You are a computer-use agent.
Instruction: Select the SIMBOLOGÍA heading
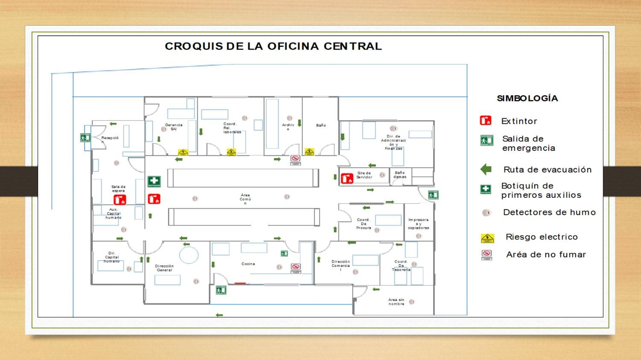pyautogui.click(x=527, y=98)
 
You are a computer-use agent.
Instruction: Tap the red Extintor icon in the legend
pyautogui.click(x=485, y=121)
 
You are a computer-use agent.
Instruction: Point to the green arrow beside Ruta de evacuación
pyautogui.click(x=486, y=170)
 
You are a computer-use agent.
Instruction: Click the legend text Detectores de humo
pyautogui.click(x=549, y=212)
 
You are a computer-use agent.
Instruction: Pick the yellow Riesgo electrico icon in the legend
pyautogui.click(x=487, y=238)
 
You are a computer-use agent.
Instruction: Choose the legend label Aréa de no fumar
pyautogui.click(x=546, y=255)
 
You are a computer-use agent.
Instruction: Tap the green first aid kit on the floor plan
pyautogui.click(x=154, y=181)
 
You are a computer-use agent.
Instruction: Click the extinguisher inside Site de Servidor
pyautogui.click(x=347, y=178)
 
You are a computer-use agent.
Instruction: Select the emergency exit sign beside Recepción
pyautogui.click(x=85, y=138)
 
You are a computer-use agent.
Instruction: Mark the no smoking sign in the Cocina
pyautogui.click(x=295, y=268)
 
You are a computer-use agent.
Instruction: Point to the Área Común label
pyautogui.click(x=245, y=199)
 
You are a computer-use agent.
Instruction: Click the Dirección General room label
pyautogui.click(x=164, y=268)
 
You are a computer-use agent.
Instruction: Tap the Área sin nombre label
pyautogui.click(x=396, y=301)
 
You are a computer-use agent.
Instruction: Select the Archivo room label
pyautogui.click(x=288, y=127)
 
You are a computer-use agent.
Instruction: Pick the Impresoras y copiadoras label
pyautogui.click(x=418, y=224)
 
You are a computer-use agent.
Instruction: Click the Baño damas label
pyautogui.click(x=400, y=175)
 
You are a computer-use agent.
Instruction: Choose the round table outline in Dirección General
pyautogui.click(x=188, y=255)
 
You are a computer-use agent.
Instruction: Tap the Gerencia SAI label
pyautogui.click(x=173, y=127)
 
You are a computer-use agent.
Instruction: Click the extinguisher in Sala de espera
pyautogui.click(x=120, y=199)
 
